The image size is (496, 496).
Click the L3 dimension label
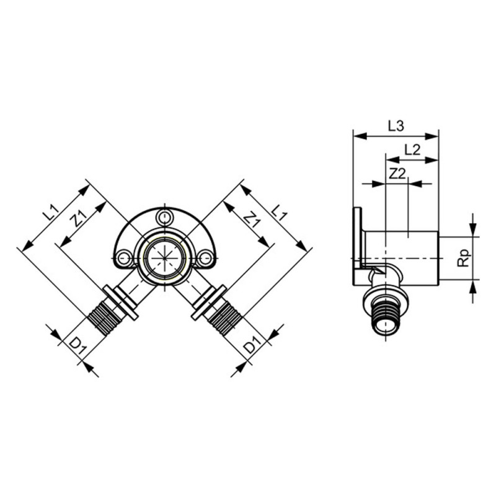coord(396,126)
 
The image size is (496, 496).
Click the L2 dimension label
coord(412,149)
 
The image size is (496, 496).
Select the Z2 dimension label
coord(397,174)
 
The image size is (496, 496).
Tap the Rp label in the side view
coord(464,258)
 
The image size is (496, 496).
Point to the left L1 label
coord(51,213)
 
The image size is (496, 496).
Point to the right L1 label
coord(278,213)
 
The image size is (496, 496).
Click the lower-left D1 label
coord(77,346)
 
